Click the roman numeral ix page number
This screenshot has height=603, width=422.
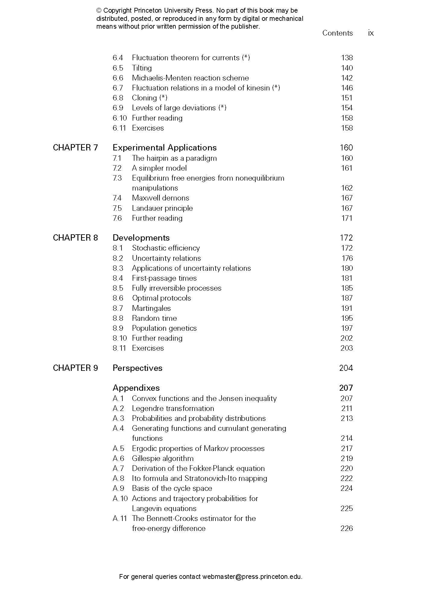(371, 33)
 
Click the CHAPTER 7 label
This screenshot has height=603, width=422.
(75, 147)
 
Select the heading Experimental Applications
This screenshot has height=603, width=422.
(165, 147)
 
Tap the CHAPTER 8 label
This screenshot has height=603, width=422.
(75, 238)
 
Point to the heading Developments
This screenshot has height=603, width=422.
(141, 238)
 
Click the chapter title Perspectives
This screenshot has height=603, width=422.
(137, 368)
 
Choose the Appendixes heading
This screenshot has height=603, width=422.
(136, 388)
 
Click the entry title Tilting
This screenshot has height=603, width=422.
(142, 68)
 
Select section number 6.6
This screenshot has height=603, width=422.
(118, 78)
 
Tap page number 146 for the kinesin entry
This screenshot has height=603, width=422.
(347, 88)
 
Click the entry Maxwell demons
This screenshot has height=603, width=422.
(161, 198)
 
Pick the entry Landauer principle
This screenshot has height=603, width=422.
(162, 208)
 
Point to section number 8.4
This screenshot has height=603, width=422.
(118, 278)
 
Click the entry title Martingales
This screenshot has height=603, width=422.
(151, 308)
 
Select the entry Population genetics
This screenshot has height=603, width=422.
(164, 328)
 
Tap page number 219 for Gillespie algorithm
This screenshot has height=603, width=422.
(347, 458)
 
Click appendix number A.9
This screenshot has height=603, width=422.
(118, 488)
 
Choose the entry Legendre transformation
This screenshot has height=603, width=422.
(173, 408)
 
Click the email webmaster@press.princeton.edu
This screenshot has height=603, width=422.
(252, 576)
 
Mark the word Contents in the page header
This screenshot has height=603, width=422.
(337, 33)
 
